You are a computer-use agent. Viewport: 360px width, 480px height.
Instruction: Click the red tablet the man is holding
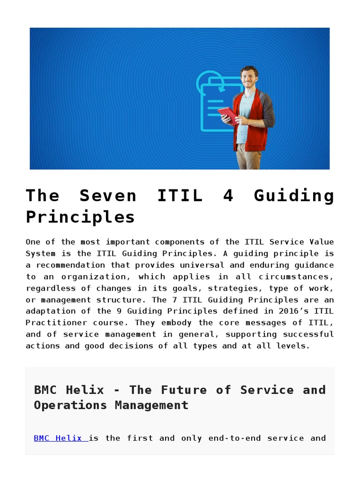click(x=229, y=115)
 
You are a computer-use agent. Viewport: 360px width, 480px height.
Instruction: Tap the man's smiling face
click(x=248, y=77)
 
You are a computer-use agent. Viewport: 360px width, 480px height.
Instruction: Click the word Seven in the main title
click(x=108, y=195)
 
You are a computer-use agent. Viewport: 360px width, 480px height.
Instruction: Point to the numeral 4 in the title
click(x=228, y=195)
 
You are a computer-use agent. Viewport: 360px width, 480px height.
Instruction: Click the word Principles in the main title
click(x=80, y=217)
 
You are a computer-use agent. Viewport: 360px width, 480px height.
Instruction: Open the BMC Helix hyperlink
click(x=60, y=438)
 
